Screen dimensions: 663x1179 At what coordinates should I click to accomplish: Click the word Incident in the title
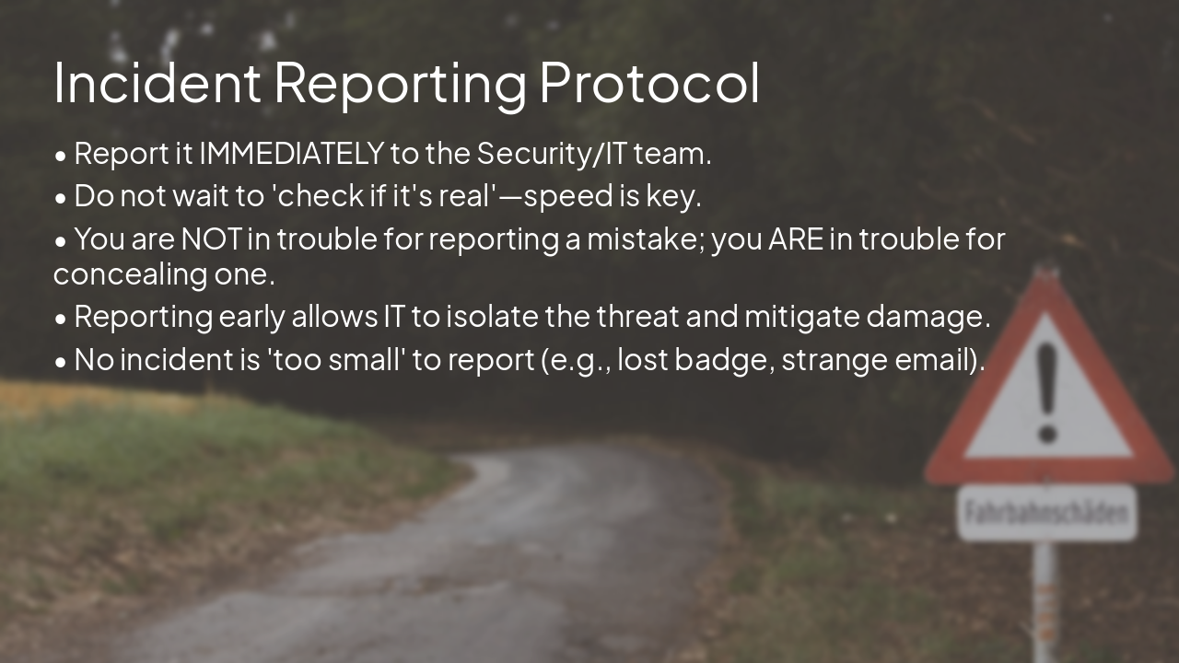click(x=157, y=82)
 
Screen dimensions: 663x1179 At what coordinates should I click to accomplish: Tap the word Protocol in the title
click(x=649, y=82)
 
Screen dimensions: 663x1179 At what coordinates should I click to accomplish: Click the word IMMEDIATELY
click(x=291, y=154)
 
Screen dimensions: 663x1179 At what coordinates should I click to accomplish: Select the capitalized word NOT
click(x=211, y=239)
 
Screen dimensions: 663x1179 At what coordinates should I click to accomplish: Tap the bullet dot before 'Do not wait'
click(x=61, y=198)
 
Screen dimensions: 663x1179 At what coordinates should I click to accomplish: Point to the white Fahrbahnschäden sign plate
click(x=1047, y=512)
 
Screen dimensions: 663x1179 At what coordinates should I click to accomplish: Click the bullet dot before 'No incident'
click(x=61, y=362)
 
